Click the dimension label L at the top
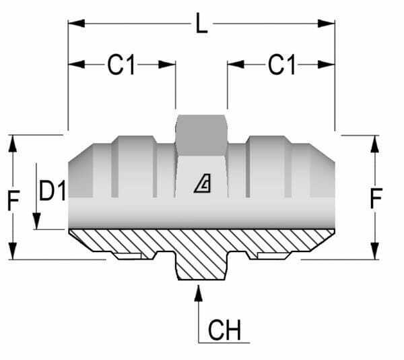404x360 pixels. (201, 25)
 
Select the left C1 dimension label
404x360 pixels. (121, 65)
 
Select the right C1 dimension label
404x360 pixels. (281, 65)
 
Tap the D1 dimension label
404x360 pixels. (52, 191)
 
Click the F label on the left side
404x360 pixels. (13, 200)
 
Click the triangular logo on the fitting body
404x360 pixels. (202, 183)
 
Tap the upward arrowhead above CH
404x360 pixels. (198, 292)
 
